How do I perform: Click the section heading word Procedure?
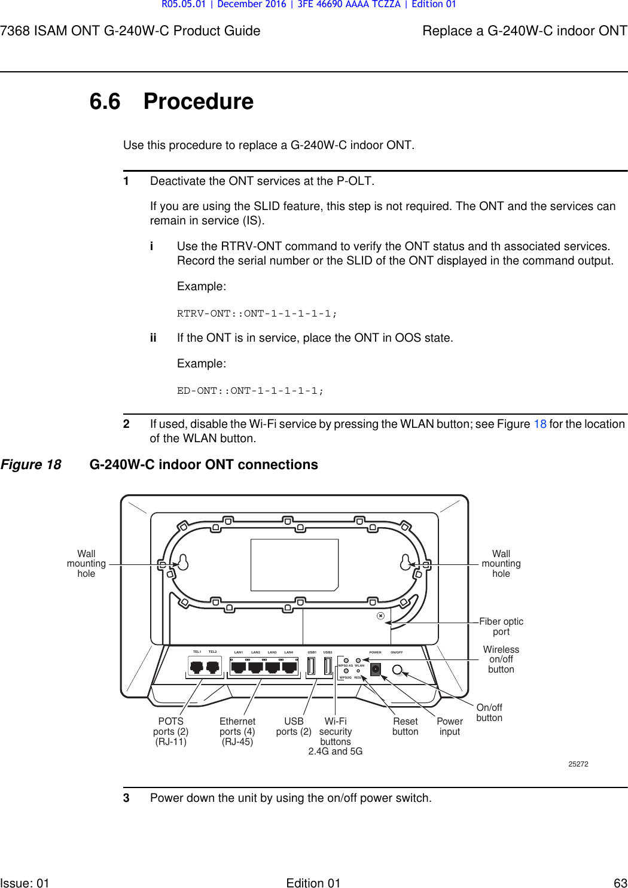[198, 102]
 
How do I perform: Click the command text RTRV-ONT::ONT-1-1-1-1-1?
[257, 314]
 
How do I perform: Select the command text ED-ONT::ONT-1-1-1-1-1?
[250, 391]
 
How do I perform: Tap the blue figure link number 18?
[539, 424]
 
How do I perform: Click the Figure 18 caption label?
[31, 465]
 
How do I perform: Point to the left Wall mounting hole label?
[86, 564]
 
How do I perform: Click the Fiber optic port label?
[501, 627]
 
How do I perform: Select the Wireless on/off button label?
[501, 659]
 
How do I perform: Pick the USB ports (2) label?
[294, 726]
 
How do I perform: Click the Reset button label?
[405, 726]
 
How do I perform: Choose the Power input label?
[450, 726]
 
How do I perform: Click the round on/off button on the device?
[397, 670]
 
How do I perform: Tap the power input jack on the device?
[376, 669]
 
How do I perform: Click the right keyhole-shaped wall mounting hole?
[406, 562]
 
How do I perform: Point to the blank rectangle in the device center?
[294, 565]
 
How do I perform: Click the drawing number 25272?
[578, 764]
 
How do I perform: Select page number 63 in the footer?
[620, 883]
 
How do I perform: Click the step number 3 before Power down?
[126, 798]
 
